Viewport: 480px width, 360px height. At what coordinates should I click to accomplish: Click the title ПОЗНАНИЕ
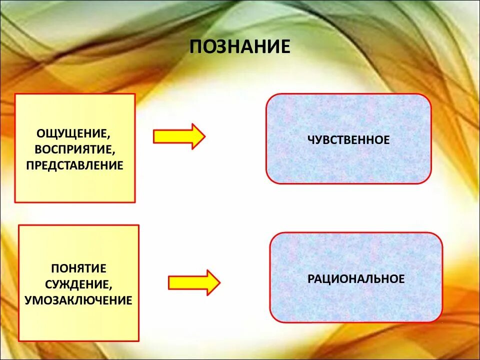click(x=240, y=46)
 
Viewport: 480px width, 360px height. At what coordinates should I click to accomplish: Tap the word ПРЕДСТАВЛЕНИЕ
click(x=75, y=165)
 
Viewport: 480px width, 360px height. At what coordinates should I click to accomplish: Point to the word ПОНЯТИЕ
click(x=79, y=268)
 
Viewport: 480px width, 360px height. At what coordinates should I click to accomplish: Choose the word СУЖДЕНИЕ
click(x=77, y=284)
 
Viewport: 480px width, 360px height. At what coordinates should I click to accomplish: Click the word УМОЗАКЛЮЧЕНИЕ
click(x=78, y=300)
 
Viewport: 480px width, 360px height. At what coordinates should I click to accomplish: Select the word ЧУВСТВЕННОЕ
click(x=348, y=140)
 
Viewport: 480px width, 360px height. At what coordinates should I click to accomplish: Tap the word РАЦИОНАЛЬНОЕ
click(x=356, y=278)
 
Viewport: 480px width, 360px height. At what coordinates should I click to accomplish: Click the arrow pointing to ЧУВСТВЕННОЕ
click(x=179, y=136)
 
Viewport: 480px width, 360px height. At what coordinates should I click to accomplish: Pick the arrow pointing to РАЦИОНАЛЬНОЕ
click(x=194, y=282)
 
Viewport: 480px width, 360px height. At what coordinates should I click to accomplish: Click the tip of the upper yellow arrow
click(x=204, y=136)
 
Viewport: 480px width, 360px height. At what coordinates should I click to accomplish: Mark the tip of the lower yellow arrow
click(x=219, y=282)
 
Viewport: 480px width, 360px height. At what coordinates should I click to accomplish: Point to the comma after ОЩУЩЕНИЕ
click(x=108, y=137)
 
